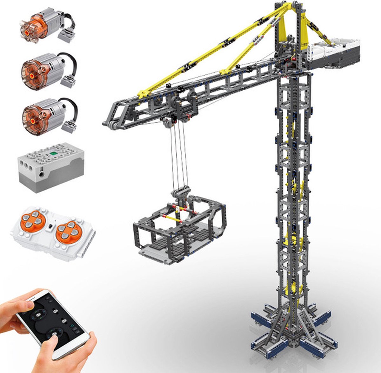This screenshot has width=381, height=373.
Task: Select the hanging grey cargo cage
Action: pos(179,229)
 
